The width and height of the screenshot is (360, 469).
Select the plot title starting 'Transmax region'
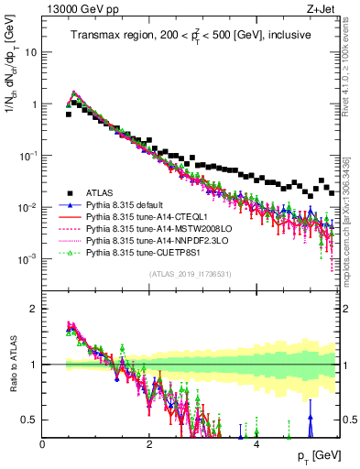[190, 35]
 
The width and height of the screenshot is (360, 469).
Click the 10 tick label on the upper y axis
[32, 52]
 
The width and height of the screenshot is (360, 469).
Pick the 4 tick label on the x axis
[256, 444]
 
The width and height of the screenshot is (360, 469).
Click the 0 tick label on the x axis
[43, 444]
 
